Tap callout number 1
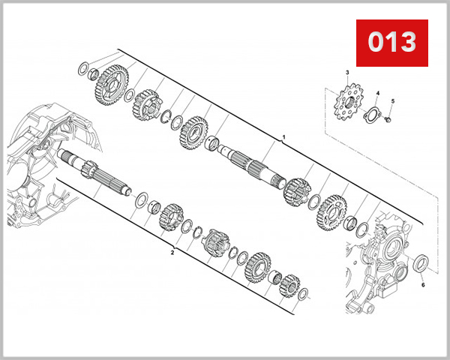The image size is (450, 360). point(283,138)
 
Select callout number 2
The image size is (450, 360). point(172,253)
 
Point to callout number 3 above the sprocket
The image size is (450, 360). point(347,72)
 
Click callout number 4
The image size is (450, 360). point(378,94)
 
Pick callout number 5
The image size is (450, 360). point(392,100)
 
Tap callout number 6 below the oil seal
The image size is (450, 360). point(422,285)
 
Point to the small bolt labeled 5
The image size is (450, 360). point(389,118)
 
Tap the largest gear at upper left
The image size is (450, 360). point(110,85)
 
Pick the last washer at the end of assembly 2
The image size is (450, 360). point(301,295)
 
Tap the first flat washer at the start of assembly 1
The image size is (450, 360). point(82,70)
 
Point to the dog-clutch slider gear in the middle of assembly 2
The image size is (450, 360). point(215,242)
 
